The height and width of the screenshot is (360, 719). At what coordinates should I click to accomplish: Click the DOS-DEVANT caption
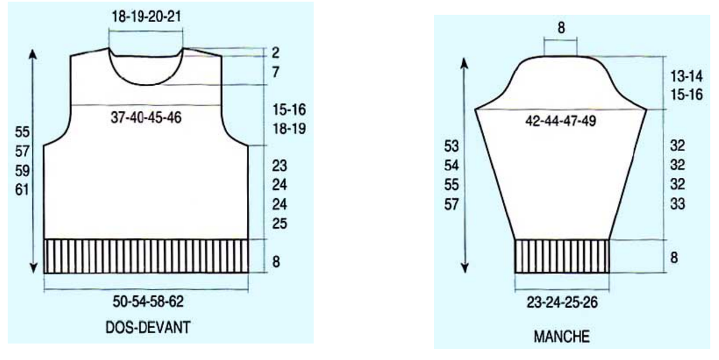click(148, 328)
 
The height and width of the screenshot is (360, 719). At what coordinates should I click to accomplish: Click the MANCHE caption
click(562, 337)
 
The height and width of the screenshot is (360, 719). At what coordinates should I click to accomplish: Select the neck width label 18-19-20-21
click(146, 16)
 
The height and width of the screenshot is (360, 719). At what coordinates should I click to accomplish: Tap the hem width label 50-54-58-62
click(148, 302)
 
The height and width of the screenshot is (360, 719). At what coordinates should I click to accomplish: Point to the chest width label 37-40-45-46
click(146, 118)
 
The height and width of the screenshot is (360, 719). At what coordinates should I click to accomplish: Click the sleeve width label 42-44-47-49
click(561, 121)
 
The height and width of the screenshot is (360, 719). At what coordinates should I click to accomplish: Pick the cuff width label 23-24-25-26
click(562, 302)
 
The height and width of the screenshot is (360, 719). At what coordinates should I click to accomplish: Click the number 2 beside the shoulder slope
click(276, 53)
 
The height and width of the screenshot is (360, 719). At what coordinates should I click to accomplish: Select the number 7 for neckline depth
click(276, 72)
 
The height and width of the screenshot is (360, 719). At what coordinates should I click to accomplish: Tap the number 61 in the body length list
click(22, 190)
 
